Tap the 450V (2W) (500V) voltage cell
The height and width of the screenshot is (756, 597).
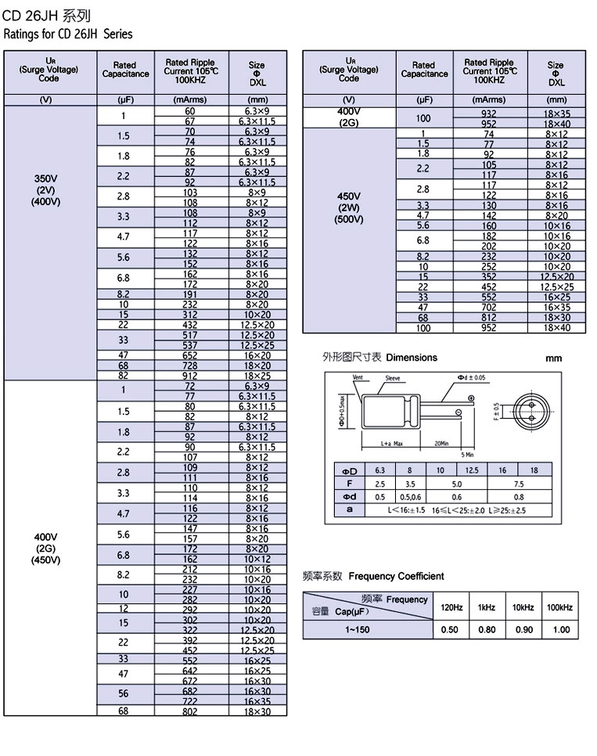[x=349, y=207]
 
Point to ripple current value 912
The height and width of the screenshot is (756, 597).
[x=190, y=376]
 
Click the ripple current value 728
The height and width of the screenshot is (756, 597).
[x=190, y=365]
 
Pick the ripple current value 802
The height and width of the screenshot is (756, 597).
[x=190, y=711]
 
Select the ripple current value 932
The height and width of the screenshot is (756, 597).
[x=489, y=113]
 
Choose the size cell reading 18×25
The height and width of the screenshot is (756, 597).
[x=257, y=376]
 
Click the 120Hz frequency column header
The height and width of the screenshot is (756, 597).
[x=451, y=607]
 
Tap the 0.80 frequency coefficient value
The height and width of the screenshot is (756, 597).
[x=487, y=629]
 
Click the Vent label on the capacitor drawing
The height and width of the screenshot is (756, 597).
[x=358, y=377]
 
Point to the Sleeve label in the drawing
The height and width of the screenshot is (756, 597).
[x=392, y=378]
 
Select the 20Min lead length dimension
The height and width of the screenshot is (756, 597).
[x=441, y=443]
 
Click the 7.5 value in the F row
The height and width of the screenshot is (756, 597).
[x=519, y=484]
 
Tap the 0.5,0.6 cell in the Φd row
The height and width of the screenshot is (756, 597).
[x=409, y=497]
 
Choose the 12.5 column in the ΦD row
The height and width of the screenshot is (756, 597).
[x=472, y=470]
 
